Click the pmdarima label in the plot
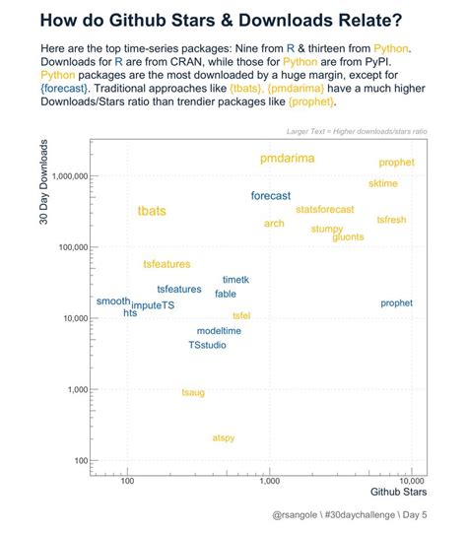pyautogui.click(x=288, y=159)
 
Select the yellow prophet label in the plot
pyautogui.click(x=396, y=163)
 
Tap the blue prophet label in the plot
pyautogui.click(x=396, y=303)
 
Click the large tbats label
pyautogui.click(x=152, y=212)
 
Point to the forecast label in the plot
pyautogui.click(x=271, y=196)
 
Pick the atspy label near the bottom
pyautogui.click(x=224, y=437)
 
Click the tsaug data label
pyautogui.click(x=193, y=392)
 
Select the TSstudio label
pyautogui.click(x=208, y=345)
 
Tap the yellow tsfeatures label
pyautogui.click(x=167, y=264)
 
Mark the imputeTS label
pyautogui.click(x=153, y=306)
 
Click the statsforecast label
pyautogui.click(x=324, y=210)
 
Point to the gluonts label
pyautogui.click(x=347, y=237)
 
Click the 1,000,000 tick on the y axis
pyautogui.click(x=64, y=176)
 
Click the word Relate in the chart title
pyautogui.click(x=367, y=22)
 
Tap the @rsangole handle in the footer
pyautogui.click(x=297, y=515)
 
